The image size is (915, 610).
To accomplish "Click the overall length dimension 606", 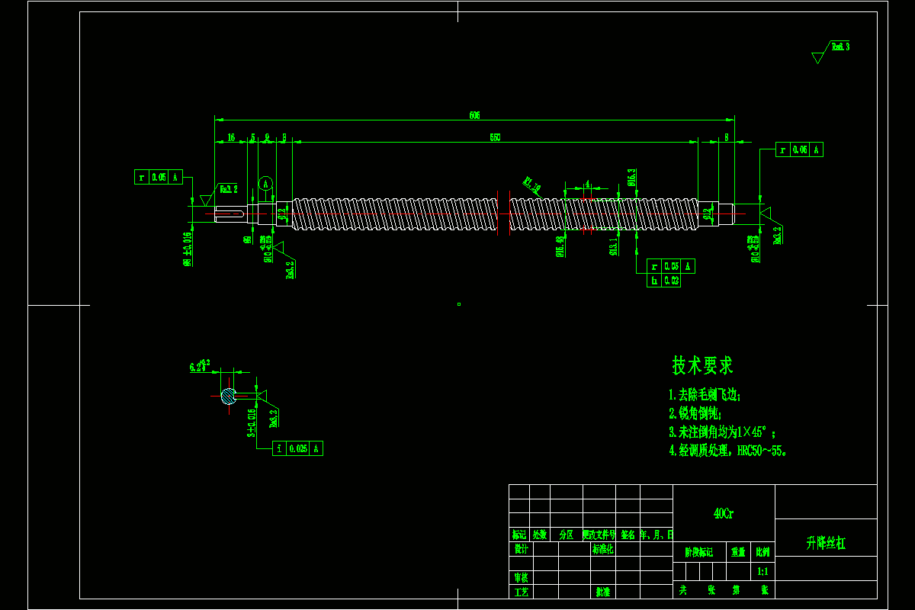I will [x=474, y=115].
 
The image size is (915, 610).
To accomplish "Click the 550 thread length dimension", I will [x=495, y=137].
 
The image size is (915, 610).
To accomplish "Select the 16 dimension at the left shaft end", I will [x=230, y=137].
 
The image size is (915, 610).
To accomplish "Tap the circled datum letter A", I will [x=265, y=183].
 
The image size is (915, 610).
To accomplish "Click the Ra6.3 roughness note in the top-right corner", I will [x=840, y=47].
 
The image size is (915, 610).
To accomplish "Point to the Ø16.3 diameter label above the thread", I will [x=631, y=177].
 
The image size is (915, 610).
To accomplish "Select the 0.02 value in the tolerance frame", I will [x=672, y=281].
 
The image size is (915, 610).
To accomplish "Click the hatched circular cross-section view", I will [x=228, y=396].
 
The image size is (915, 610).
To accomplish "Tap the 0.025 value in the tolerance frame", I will [x=297, y=448].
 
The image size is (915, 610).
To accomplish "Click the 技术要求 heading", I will [x=702, y=366].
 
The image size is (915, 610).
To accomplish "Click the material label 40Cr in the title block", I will [x=724, y=514].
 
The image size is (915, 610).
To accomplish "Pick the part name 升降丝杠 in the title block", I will [x=825, y=544].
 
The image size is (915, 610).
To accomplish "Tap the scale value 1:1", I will [x=762, y=571].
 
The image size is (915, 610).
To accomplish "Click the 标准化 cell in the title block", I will [x=602, y=549].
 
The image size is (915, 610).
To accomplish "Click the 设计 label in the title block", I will [x=520, y=549].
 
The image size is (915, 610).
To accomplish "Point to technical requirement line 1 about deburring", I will [x=704, y=395].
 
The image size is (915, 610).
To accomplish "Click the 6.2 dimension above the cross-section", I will [x=198, y=367].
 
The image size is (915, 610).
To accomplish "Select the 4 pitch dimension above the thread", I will [x=587, y=184].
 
